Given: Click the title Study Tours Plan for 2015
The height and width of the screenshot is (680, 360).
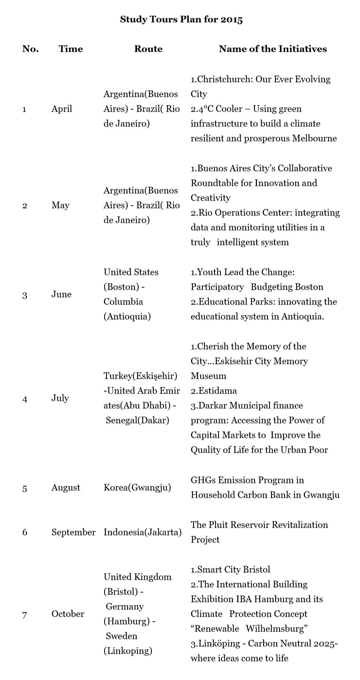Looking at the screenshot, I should [181, 20].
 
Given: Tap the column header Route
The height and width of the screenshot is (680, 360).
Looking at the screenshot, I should [148, 49].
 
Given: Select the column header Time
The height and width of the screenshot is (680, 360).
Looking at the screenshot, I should [71, 49].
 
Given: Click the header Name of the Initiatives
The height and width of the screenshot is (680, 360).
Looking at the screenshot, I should [273, 49].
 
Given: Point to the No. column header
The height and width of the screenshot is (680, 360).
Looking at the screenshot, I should [30, 49].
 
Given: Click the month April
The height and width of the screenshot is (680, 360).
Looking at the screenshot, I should [62, 109].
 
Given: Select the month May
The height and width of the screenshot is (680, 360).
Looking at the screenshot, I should [60, 205].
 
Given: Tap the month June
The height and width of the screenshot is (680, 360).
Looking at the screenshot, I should [61, 295].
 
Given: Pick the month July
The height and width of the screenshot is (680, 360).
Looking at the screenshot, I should [60, 398].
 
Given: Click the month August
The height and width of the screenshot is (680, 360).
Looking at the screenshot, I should [65, 488].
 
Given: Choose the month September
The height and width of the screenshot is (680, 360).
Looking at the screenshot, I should [73, 533].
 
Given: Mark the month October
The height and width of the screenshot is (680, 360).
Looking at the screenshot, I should [68, 614].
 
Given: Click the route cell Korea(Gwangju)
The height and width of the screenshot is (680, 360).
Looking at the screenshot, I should [137, 488].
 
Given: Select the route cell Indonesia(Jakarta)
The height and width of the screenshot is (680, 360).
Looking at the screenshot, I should [142, 533].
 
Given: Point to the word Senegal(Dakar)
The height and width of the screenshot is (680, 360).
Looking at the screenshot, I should [137, 421].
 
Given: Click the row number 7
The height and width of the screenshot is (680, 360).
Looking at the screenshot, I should [25, 615].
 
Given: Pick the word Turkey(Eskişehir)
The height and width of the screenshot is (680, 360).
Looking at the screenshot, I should [140, 376].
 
